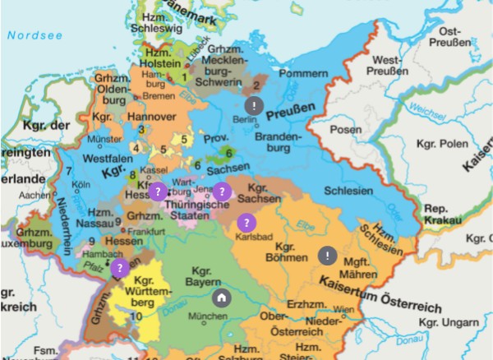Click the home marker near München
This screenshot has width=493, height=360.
pyautogui.click(x=220, y=298)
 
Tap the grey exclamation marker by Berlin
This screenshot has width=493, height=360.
pyautogui.click(x=255, y=105)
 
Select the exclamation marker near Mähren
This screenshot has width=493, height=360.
pyautogui.click(x=327, y=256)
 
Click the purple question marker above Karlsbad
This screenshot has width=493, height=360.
pyautogui.click(x=245, y=222)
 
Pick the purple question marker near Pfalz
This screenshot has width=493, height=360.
pyautogui.click(x=119, y=268)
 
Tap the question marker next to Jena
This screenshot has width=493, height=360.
pyautogui.click(x=220, y=190)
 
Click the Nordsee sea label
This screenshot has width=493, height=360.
pyautogui.click(x=29, y=35)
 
